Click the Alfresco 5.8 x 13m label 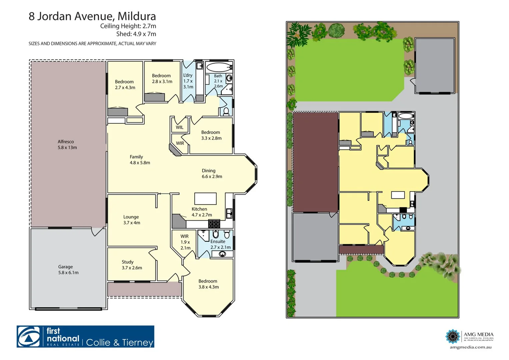[x=67, y=145]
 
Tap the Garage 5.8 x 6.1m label [x=68, y=270]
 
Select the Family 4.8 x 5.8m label [x=140, y=160]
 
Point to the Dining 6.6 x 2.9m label [x=212, y=174]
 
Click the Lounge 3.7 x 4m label [x=131, y=220]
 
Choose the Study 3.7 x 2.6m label [x=132, y=265]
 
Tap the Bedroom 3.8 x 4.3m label [x=208, y=284]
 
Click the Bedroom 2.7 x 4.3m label [x=125, y=85]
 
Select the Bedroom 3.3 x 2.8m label [x=211, y=135]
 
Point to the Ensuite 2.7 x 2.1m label [x=220, y=244]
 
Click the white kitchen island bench [x=205, y=199]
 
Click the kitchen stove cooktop [x=214, y=223]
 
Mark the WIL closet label [x=180, y=127]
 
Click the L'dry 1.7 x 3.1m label [x=188, y=81]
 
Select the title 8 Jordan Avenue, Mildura [x=92, y=16]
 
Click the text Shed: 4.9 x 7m [x=136, y=34]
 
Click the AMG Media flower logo [x=453, y=336]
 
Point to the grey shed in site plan [x=435, y=65]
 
